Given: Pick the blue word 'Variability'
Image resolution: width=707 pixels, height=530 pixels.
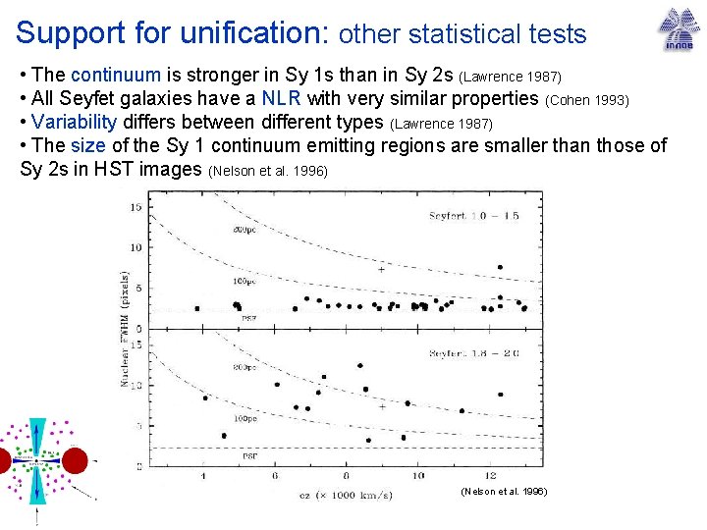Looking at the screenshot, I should (x=75, y=123).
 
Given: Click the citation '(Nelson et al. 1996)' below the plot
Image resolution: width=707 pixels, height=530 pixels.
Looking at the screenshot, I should (x=503, y=491).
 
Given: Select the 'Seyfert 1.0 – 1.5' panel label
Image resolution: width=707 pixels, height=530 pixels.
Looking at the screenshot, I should (x=474, y=216).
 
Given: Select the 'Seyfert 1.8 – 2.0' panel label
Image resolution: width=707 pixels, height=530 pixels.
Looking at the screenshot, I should (x=474, y=353).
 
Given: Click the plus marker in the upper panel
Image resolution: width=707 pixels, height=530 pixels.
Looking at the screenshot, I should (x=381, y=269).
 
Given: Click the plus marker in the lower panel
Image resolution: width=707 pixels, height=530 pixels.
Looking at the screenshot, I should (x=383, y=405).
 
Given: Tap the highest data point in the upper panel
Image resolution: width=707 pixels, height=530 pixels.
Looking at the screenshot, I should (x=500, y=267).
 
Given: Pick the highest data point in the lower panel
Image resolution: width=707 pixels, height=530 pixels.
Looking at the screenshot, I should (x=360, y=365).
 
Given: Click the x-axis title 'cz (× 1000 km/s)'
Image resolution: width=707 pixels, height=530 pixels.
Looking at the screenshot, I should (x=347, y=494).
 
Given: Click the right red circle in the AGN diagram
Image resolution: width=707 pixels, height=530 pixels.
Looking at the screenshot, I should (x=76, y=459).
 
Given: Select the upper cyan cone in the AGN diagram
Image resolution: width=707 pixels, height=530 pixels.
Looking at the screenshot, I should (x=37, y=436).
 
